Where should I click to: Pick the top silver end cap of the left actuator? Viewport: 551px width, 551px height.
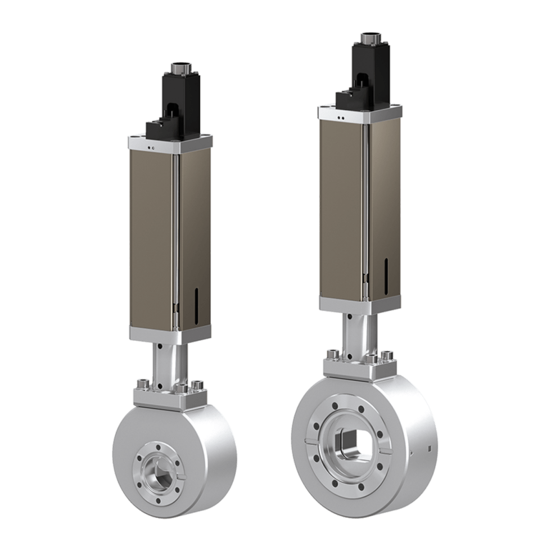tap(169, 142)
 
